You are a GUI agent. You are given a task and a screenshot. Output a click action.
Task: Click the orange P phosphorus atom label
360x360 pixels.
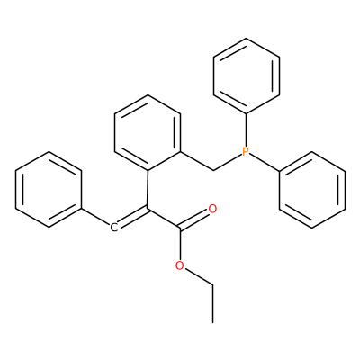click(246, 152)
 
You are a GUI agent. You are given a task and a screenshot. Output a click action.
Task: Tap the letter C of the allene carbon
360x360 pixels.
click(113, 228)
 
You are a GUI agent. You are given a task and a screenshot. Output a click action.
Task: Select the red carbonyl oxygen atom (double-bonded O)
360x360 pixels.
click(212, 209)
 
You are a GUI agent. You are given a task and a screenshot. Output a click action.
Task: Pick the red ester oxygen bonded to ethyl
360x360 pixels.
click(180, 265)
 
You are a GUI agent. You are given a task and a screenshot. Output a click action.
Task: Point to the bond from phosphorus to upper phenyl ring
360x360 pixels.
click(246, 130)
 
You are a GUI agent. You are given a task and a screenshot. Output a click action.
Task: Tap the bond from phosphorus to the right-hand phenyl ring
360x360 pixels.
click(265, 163)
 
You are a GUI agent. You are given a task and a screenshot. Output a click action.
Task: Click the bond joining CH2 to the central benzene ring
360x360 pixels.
click(197, 161)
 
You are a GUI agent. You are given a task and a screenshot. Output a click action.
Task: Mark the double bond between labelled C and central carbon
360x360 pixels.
click(132, 217)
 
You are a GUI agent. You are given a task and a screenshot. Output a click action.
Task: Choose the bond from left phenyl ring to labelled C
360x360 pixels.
click(95, 218)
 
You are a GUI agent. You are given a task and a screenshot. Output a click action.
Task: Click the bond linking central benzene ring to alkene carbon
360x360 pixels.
click(148, 189)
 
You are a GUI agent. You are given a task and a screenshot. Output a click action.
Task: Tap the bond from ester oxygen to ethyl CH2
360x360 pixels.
click(198, 276)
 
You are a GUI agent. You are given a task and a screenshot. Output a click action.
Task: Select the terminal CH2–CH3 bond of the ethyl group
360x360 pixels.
click(213, 304)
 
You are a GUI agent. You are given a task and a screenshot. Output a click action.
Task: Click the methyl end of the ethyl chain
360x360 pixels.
click(213, 322)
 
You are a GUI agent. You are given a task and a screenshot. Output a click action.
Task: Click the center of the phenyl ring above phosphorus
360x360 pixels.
click(247, 76)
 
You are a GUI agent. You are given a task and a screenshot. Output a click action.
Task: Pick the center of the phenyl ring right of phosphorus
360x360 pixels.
click(312, 190)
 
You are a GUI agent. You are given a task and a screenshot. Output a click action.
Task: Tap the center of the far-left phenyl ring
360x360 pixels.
click(49, 190)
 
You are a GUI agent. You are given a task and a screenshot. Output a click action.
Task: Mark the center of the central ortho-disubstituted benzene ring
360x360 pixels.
click(148, 132)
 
